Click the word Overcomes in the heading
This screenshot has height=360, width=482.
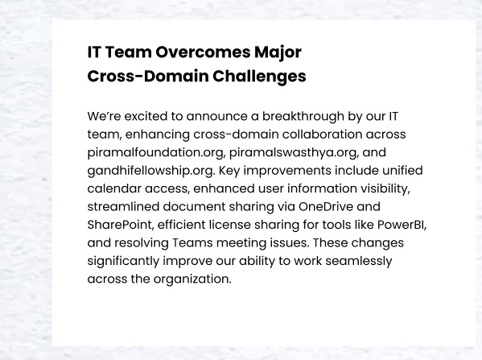click(203, 52)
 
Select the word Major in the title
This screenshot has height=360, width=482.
click(278, 53)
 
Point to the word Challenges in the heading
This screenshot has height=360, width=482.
click(259, 77)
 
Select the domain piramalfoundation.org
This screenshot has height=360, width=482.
click(156, 153)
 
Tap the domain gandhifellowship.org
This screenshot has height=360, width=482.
click(151, 171)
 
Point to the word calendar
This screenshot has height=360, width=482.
click(114, 188)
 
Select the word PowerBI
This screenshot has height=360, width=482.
click(402, 225)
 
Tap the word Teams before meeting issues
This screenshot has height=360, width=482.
click(192, 243)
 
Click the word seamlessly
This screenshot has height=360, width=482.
click(359, 261)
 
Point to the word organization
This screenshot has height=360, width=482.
click(192, 279)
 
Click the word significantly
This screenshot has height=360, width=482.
click(123, 261)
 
